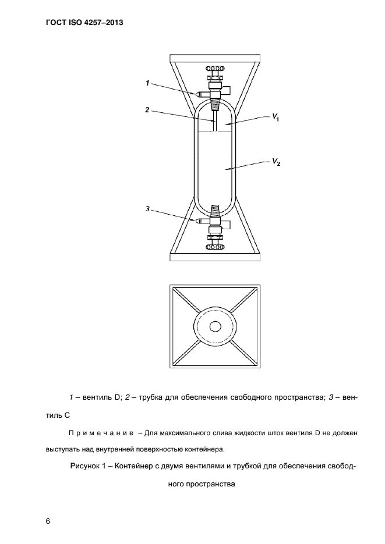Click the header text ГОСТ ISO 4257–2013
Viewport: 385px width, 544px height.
click(x=84, y=24)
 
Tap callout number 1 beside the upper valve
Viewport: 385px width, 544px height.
click(x=148, y=84)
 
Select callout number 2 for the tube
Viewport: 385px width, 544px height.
click(x=148, y=109)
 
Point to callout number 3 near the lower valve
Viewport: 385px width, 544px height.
click(x=148, y=208)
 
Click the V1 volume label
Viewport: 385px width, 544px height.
click(x=275, y=118)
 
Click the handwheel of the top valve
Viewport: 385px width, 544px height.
click(x=216, y=69)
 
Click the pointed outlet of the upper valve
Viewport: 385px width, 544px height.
click(x=199, y=93)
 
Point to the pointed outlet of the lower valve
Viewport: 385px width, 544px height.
click(x=199, y=221)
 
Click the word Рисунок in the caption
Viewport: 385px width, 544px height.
click(x=86, y=466)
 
